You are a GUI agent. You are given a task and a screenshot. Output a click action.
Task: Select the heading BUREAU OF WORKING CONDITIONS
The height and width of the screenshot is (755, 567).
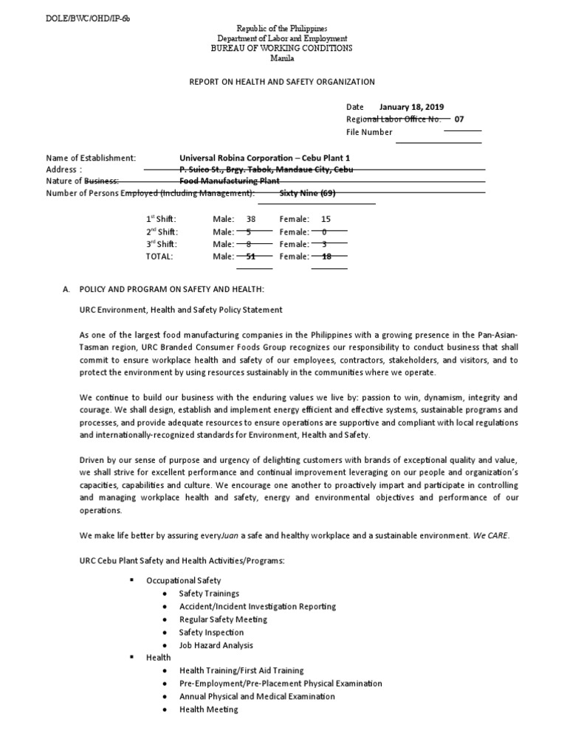point(283,48)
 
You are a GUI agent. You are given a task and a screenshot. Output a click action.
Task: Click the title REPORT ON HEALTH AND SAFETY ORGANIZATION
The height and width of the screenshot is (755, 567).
point(283,82)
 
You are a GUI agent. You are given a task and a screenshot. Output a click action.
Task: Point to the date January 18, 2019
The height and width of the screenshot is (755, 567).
point(411,107)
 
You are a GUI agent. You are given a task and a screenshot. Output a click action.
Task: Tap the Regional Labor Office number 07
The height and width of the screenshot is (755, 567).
point(460,119)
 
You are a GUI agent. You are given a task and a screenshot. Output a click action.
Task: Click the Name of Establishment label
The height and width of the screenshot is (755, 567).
point(91,158)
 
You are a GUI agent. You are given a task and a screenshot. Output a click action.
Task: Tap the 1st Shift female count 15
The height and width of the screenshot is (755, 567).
point(326,219)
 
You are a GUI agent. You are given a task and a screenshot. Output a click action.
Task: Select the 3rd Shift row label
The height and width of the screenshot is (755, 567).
point(161,244)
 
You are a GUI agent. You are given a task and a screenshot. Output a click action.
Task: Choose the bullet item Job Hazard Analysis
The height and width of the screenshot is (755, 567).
point(216,645)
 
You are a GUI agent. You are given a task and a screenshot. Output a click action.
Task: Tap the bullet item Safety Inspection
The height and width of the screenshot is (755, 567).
point(211,632)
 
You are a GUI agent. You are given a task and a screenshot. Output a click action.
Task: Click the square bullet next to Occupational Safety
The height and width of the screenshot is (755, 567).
point(131,580)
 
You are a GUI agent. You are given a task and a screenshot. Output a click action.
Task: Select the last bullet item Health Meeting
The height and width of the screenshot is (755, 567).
point(209,709)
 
